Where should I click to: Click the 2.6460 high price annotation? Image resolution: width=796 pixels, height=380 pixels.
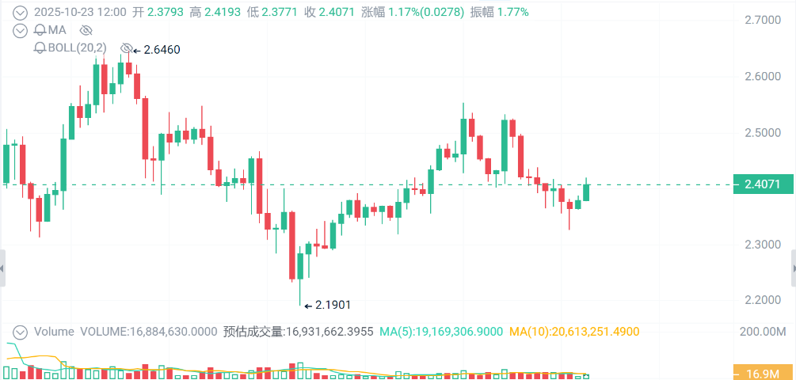click(x=162, y=50)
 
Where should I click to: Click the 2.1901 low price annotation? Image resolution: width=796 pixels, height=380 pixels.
click(x=333, y=304)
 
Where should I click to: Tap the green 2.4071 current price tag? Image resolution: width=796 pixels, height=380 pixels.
click(x=762, y=184)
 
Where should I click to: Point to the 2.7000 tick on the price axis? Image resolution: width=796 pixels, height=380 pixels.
click(x=762, y=20)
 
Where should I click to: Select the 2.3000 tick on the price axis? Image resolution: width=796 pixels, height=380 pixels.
click(x=762, y=244)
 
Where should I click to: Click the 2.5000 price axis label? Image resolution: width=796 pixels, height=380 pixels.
click(x=762, y=132)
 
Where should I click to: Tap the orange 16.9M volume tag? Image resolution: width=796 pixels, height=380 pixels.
click(x=762, y=373)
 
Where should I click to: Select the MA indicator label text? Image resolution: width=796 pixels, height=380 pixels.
click(x=57, y=30)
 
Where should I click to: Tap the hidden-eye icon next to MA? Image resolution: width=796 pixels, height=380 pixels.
click(x=86, y=30)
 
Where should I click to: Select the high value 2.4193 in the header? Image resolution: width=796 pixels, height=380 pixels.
click(x=217, y=12)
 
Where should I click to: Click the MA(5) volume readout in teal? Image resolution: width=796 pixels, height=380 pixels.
click(x=440, y=332)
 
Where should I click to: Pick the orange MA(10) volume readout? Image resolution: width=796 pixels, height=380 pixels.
click(x=573, y=332)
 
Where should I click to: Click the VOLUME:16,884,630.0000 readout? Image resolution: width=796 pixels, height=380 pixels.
click(x=148, y=332)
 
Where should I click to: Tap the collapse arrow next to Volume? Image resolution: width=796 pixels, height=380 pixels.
click(x=21, y=332)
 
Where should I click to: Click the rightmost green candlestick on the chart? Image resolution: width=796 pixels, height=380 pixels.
click(x=587, y=192)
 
